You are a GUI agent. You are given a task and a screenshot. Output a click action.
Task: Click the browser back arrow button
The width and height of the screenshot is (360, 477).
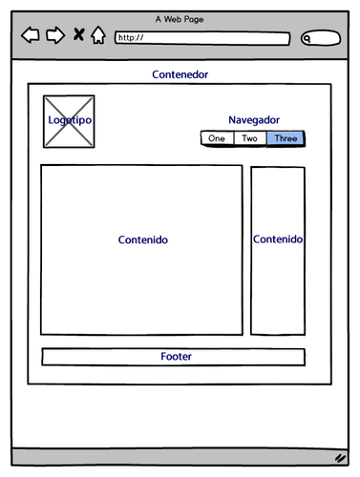pyautogui.click(x=31, y=36)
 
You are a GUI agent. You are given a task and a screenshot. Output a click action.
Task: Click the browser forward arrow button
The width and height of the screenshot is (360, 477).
pyautogui.click(x=55, y=36)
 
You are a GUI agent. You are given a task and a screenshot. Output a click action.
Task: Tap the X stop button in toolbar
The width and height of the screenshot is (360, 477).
pyautogui.click(x=78, y=36)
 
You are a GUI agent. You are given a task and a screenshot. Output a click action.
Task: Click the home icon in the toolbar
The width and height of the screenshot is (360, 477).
pyautogui.click(x=97, y=36)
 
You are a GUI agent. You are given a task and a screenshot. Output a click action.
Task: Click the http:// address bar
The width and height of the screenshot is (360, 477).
pyautogui.click(x=201, y=38)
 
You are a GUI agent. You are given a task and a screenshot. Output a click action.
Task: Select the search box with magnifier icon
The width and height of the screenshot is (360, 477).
pyautogui.click(x=321, y=38)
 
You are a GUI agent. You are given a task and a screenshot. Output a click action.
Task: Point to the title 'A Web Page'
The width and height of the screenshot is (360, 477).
pyautogui.click(x=180, y=19)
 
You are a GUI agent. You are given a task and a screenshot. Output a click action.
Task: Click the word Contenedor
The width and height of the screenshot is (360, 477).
pyautogui.click(x=180, y=74)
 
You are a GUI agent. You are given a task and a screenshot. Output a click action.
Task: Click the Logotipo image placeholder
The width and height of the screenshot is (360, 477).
pyautogui.click(x=69, y=121)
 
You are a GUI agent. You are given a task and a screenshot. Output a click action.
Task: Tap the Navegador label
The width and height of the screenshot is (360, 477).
pyautogui.click(x=254, y=120)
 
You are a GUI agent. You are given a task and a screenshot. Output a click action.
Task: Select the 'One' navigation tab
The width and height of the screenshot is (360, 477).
pyautogui.click(x=217, y=138)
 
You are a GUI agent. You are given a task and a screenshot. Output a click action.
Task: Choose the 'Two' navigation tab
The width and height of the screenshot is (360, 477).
pyautogui.click(x=249, y=138)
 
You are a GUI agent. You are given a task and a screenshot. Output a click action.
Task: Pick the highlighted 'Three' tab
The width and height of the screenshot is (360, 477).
pyautogui.click(x=286, y=138)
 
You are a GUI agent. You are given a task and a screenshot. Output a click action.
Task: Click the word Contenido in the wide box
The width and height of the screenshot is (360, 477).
pyautogui.click(x=142, y=240)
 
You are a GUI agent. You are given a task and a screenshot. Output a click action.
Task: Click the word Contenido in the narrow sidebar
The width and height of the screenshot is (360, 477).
pyautogui.click(x=278, y=239)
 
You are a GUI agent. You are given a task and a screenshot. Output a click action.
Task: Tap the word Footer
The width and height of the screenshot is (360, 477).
pyautogui.click(x=176, y=357)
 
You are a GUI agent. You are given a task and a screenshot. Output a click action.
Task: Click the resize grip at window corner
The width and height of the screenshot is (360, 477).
pyautogui.click(x=340, y=458)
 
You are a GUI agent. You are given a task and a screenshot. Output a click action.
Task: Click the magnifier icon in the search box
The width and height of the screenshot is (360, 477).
pyautogui.click(x=308, y=39)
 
